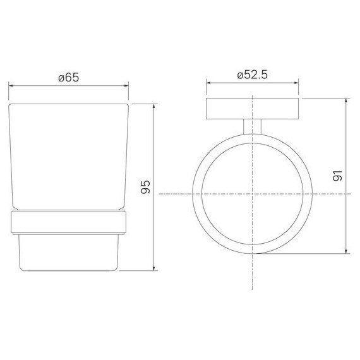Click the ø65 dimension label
click(68, 78)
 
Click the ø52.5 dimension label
click(253, 75)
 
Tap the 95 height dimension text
click(145, 187)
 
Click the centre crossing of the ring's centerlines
click(253, 193)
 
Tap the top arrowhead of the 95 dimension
click(155, 105)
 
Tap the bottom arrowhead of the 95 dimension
click(155, 270)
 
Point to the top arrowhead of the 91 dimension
click(347, 100)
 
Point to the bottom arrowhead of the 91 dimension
click(347, 253)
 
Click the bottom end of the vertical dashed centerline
click(253, 292)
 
